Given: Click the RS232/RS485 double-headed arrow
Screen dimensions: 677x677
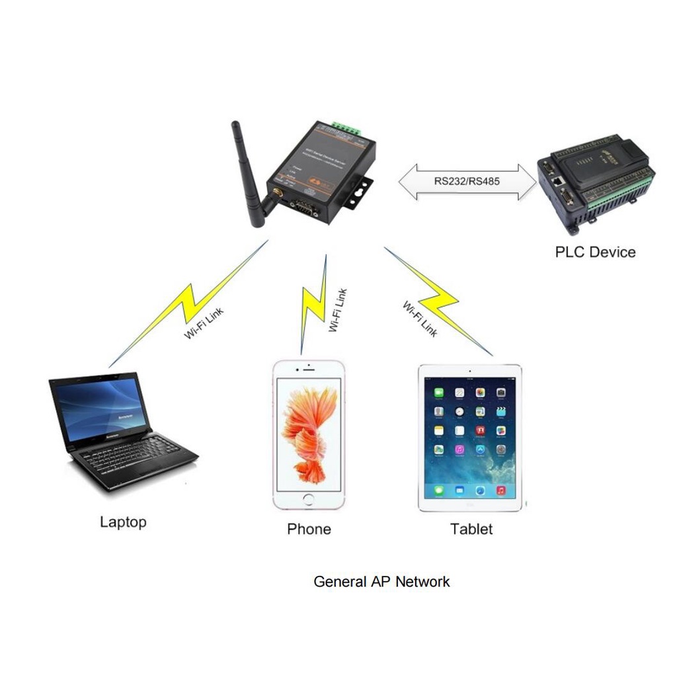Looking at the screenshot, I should coord(467,181).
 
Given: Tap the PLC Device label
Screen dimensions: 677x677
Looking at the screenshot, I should coord(595,252).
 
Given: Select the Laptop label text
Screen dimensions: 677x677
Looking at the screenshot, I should coord(123,522).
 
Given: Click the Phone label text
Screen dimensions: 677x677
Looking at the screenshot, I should coord(309,529).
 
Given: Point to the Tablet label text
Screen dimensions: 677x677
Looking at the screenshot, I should coord(471,529).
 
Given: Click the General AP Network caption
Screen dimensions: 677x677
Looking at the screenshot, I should coord(381,582).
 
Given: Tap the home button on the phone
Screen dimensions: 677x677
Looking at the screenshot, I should coord(309,498).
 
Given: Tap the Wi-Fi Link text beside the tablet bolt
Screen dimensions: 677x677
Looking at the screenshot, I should coord(420,319).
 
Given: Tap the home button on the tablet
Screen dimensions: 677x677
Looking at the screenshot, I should coord(469,504).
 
